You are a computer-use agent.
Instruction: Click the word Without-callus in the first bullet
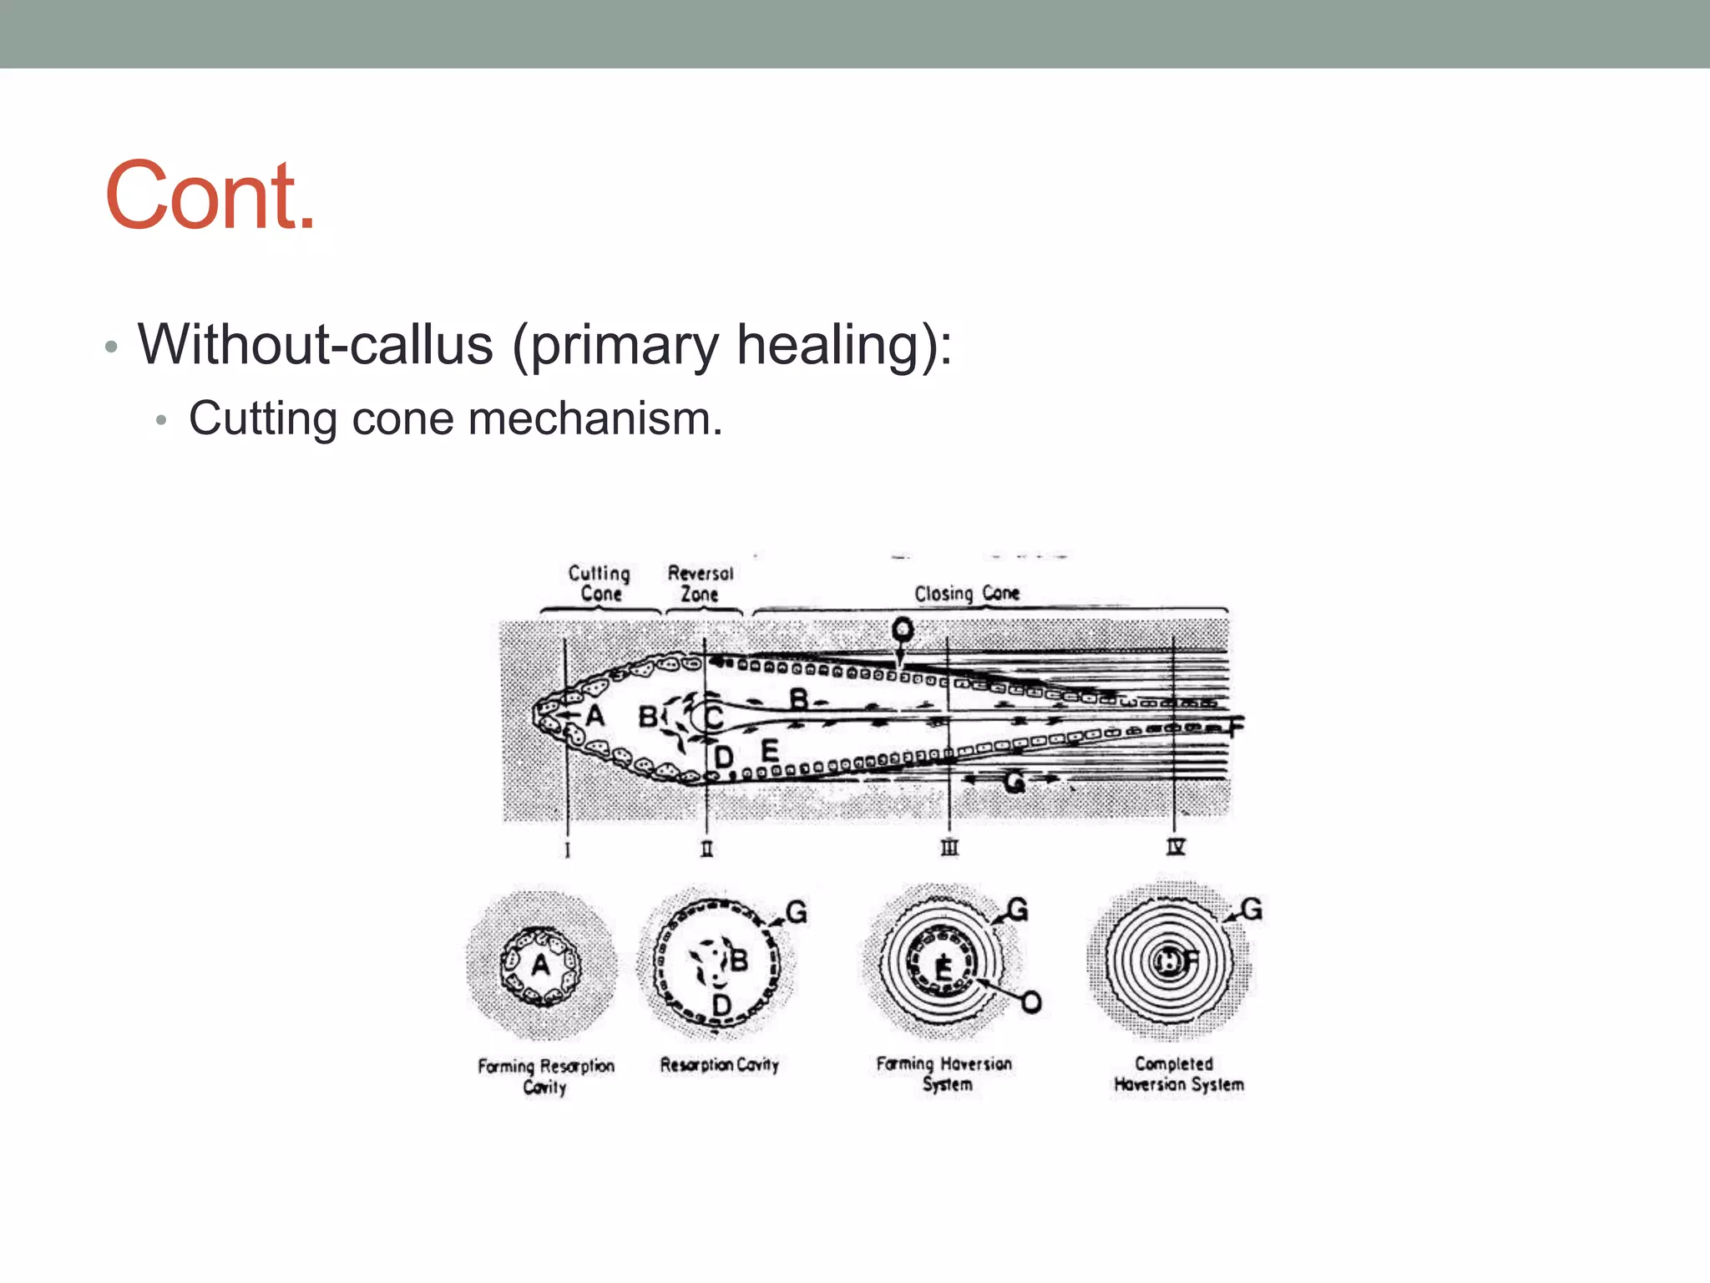click(x=316, y=344)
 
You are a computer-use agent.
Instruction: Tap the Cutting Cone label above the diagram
click(x=600, y=583)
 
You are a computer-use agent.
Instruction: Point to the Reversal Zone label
click(x=700, y=583)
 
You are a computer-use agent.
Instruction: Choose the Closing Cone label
click(x=967, y=593)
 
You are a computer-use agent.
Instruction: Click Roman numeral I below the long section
click(x=568, y=850)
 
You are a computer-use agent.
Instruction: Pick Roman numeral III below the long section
click(x=949, y=848)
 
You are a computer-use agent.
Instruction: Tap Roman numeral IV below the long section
click(x=1175, y=847)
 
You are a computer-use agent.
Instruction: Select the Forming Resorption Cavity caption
click(x=545, y=1076)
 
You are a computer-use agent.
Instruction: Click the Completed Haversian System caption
click(x=1177, y=1074)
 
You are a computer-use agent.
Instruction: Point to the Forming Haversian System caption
click(x=944, y=1073)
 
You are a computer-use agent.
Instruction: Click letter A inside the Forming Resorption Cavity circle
click(x=541, y=965)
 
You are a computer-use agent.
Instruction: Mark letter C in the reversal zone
click(x=713, y=717)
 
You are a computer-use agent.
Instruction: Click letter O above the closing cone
click(x=902, y=628)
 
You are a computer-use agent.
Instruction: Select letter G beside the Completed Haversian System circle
click(x=1252, y=909)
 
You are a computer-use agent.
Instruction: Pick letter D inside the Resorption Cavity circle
click(x=722, y=1004)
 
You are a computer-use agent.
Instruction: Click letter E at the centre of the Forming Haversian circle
click(x=944, y=968)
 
